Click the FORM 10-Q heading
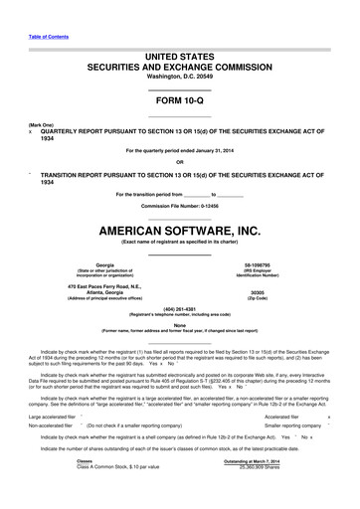pos(179,102)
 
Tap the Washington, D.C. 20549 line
pos(179,77)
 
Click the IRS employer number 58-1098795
pos(264,265)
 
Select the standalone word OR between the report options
pos(179,161)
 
